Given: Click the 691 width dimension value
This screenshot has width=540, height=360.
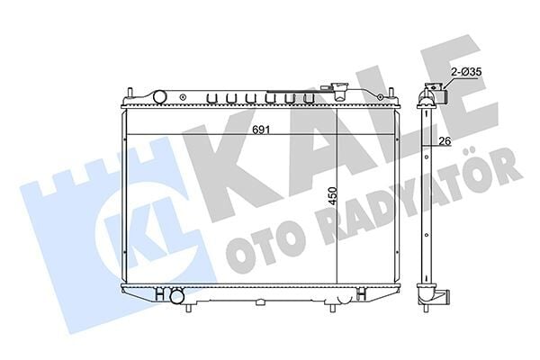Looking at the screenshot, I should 260,129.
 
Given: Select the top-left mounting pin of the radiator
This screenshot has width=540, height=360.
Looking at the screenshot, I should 131,93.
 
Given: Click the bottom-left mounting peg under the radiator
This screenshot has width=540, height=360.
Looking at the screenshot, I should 191,306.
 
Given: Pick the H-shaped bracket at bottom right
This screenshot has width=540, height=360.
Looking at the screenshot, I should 360,293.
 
